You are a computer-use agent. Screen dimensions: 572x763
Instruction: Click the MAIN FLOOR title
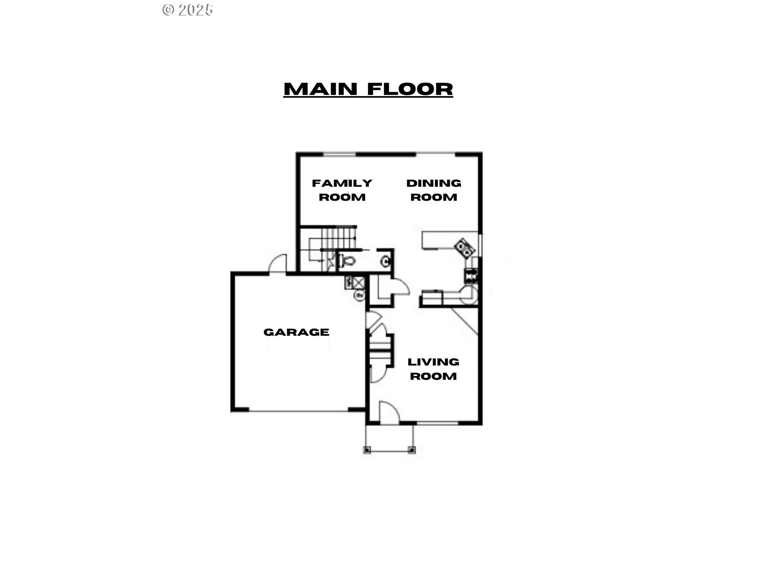(368, 89)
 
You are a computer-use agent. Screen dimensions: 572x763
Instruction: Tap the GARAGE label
(296, 332)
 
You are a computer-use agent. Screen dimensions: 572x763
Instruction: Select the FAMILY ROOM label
(342, 190)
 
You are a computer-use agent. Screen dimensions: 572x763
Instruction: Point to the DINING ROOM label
(434, 190)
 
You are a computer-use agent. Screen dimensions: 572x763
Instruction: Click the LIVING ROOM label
(433, 369)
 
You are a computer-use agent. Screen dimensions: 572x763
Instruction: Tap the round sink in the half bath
(385, 262)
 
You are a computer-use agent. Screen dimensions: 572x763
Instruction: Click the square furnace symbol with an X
(359, 282)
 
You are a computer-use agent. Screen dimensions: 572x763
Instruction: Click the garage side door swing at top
(278, 263)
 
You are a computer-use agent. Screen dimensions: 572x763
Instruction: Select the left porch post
(367, 450)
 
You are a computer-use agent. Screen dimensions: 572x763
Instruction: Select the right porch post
(412, 450)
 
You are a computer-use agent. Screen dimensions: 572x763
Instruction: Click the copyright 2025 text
(188, 10)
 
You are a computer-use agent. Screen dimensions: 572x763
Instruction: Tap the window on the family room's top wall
(339, 154)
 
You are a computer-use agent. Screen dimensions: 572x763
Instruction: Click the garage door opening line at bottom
(298, 411)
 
